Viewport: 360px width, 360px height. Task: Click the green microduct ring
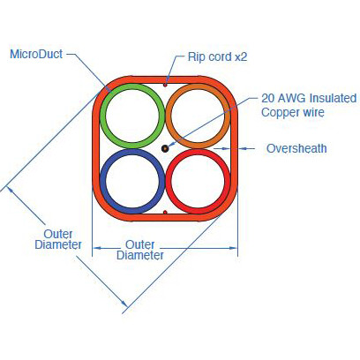point(102,116)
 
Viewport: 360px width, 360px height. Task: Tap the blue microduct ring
point(102,181)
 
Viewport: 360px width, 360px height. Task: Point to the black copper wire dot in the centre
point(165,148)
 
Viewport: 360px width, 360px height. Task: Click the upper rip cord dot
point(165,85)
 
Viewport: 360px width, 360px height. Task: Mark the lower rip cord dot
point(165,212)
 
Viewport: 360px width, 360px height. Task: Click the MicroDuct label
point(36,54)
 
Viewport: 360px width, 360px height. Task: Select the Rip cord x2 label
point(217,56)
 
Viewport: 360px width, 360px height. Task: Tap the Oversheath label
point(296,148)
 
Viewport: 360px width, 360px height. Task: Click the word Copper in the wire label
point(279,113)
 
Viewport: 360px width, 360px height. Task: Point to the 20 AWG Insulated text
point(309,98)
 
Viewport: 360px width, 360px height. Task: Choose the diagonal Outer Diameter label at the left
point(58,239)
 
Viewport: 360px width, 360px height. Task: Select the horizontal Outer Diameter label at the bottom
point(140,250)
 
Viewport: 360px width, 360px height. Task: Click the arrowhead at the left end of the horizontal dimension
point(97,248)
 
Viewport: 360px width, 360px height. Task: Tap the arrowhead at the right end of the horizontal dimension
point(233,248)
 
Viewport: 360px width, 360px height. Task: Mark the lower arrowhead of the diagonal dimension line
point(124,303)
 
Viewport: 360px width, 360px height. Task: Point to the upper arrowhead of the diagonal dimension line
point(10,190)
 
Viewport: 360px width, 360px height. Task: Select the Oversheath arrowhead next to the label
point(243,149)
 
